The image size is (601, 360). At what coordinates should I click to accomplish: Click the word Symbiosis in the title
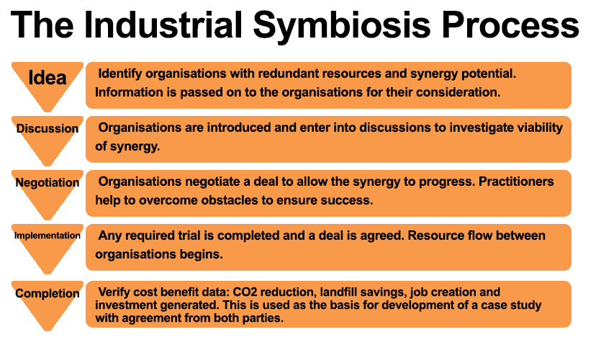pos(342,26)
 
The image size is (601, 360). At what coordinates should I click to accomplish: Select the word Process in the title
pos(510,25)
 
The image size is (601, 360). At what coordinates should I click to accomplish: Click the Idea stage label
pos(48,78)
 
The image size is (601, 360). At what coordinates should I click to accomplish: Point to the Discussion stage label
pos(48,128)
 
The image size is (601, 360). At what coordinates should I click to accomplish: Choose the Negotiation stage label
pos(48,182)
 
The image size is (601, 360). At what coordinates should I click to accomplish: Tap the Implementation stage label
pos(48,235)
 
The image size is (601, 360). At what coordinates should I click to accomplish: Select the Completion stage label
pos(48,293)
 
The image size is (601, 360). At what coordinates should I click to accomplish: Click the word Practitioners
pos(516,181)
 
